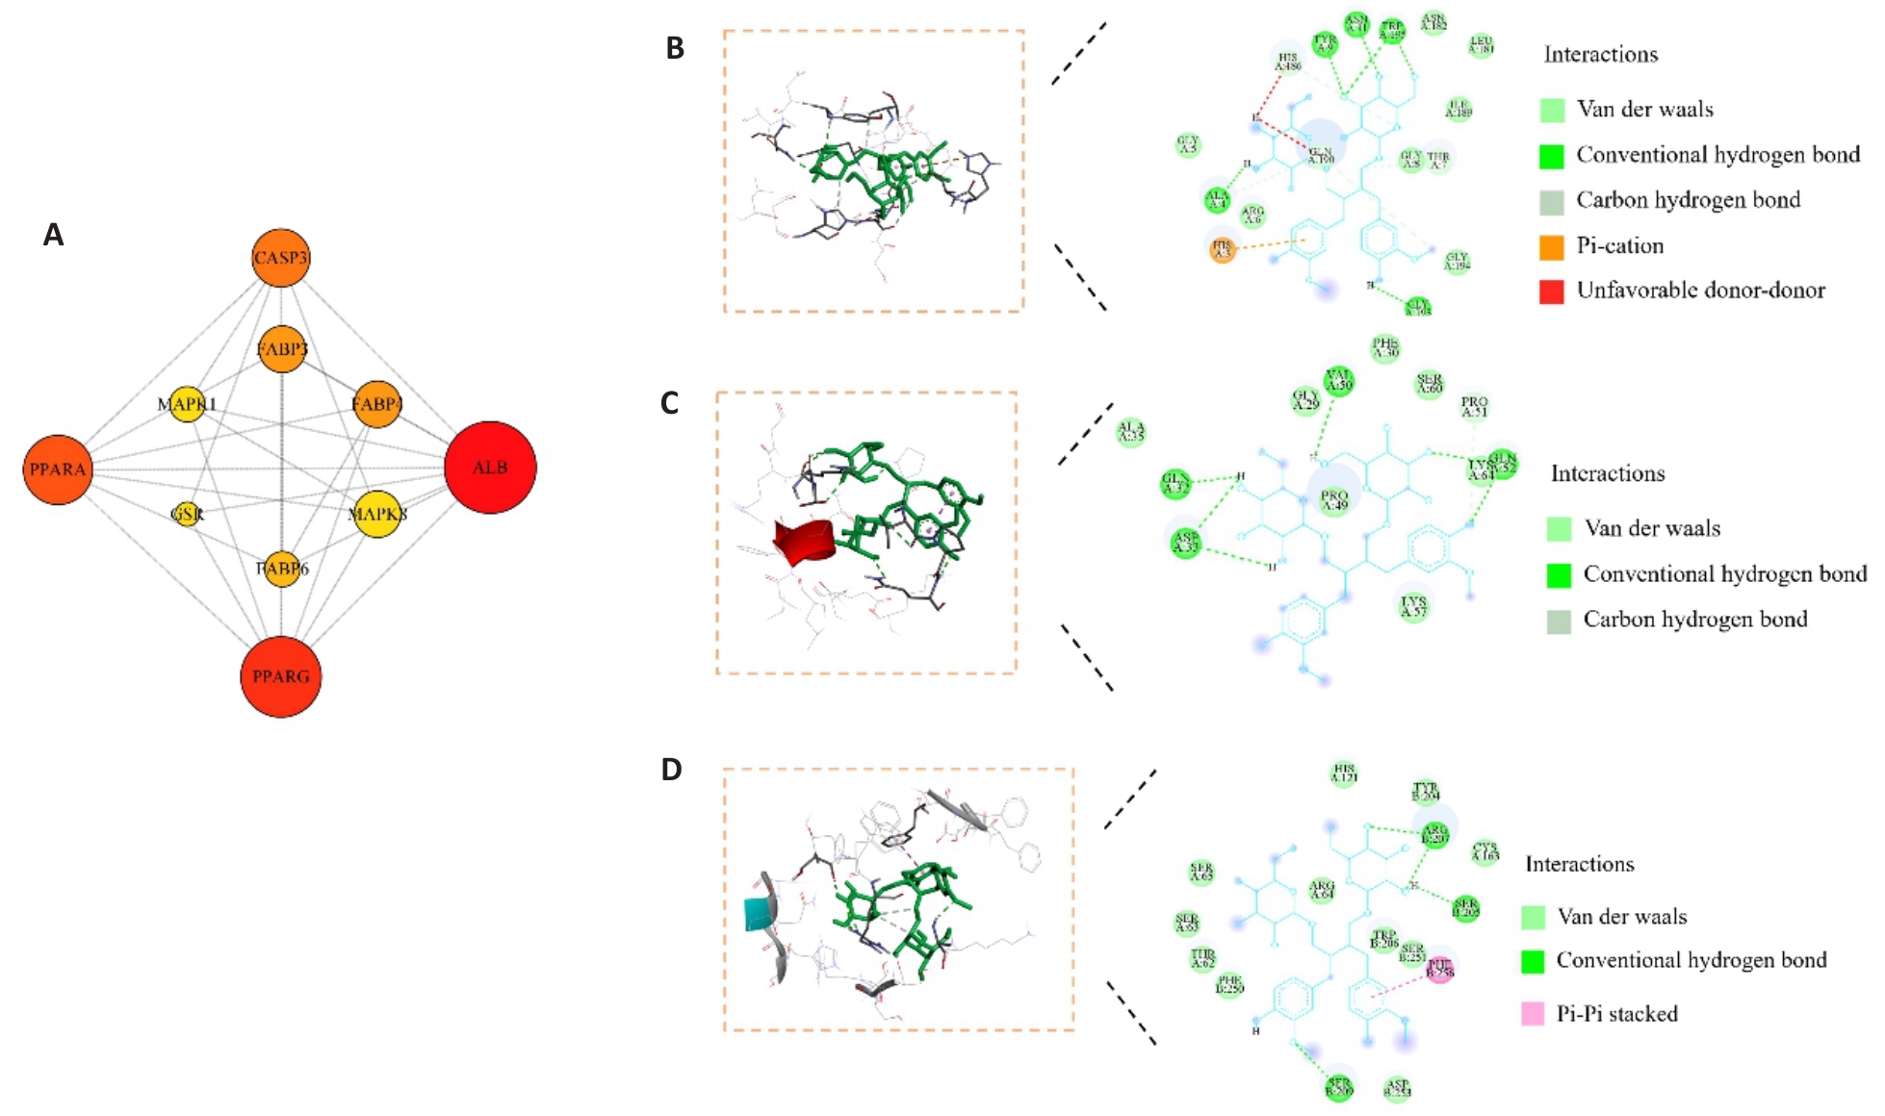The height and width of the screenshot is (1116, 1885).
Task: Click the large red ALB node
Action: [490, 468]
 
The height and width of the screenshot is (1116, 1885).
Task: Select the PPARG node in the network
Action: [280, 676]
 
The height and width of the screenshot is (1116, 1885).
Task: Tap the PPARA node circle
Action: [58, 469]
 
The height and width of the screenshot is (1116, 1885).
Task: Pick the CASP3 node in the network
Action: [281, 258]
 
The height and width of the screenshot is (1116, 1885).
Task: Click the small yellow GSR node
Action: [187, 514]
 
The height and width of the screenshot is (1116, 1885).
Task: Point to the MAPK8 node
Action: [377, 514]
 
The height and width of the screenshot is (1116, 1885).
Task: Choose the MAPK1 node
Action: [187, 404]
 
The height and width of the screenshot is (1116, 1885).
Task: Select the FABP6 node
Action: [282, 569]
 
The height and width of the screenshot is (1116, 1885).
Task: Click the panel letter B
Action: [675, 48]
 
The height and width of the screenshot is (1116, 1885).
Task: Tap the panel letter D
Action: [671, 770]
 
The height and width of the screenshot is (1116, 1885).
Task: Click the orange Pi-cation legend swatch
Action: [1552, 246]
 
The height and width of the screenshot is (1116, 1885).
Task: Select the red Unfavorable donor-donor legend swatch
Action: [1552, 291]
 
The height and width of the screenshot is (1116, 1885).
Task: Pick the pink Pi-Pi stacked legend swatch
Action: [1533, 1014]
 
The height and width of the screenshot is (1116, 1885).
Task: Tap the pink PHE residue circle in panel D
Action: [1440, 969]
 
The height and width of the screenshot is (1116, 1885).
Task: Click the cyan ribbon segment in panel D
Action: [761, 913]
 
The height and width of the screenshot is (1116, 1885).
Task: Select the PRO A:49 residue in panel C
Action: [1334, 498]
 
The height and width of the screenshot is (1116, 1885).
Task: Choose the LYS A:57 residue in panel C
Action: [1413, 606]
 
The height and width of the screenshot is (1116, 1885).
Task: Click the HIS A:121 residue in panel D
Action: [1344, 774]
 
